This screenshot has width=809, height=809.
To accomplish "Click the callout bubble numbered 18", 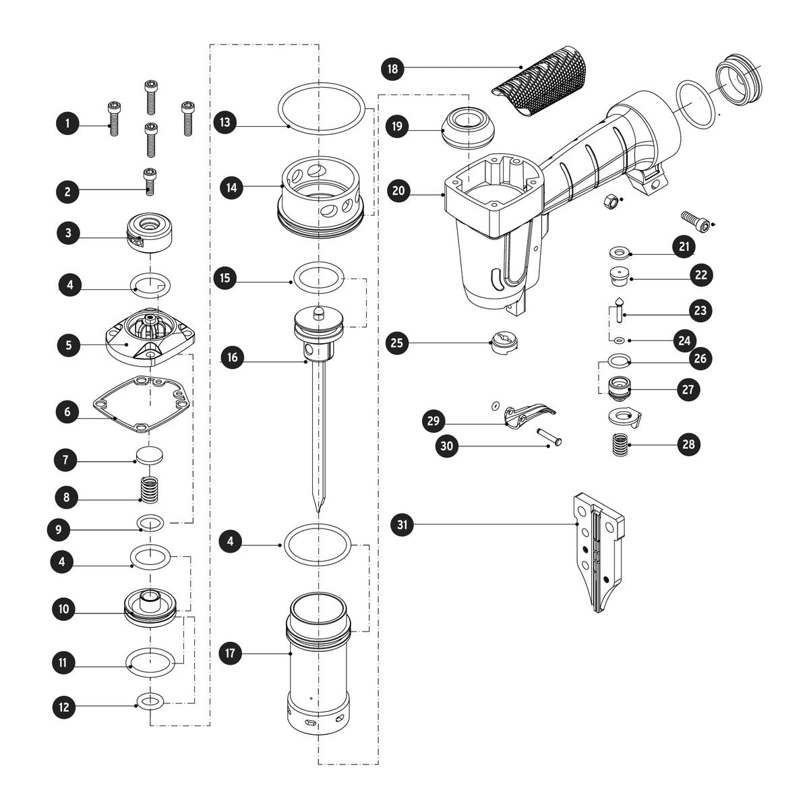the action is tap(392, 69).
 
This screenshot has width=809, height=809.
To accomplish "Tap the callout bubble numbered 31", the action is tap(402, 525).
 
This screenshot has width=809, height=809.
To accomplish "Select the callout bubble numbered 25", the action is tap(397, 342).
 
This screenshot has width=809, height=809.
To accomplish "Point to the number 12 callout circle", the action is tap(64, 707).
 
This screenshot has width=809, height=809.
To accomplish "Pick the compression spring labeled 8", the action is tap(150, 489).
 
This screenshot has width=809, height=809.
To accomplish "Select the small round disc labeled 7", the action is tap(150, 455).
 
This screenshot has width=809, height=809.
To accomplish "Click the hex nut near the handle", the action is tap(610, 202).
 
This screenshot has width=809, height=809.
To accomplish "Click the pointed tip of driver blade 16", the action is tap(318, 511).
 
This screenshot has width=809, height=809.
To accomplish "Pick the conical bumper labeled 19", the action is tap(469, 127).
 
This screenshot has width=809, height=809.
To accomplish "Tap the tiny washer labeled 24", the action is tap(618, 340).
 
